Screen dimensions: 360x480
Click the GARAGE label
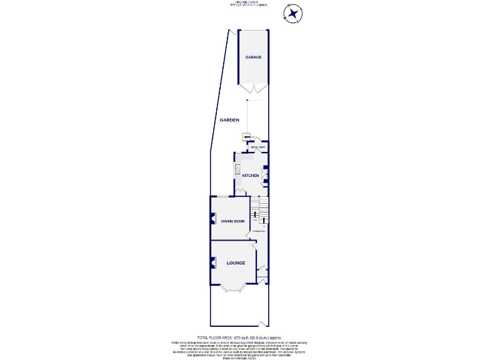253,57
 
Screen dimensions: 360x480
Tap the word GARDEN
229,120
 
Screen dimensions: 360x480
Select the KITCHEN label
251,176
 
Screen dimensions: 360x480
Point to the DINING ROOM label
232,221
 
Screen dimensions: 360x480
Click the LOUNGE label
236,264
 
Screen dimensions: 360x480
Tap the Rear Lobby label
258,148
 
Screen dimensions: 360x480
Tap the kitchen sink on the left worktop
237,169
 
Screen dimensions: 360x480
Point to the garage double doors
254,88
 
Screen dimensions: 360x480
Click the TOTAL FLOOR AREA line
240,337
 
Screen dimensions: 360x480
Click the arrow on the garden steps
247,137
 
